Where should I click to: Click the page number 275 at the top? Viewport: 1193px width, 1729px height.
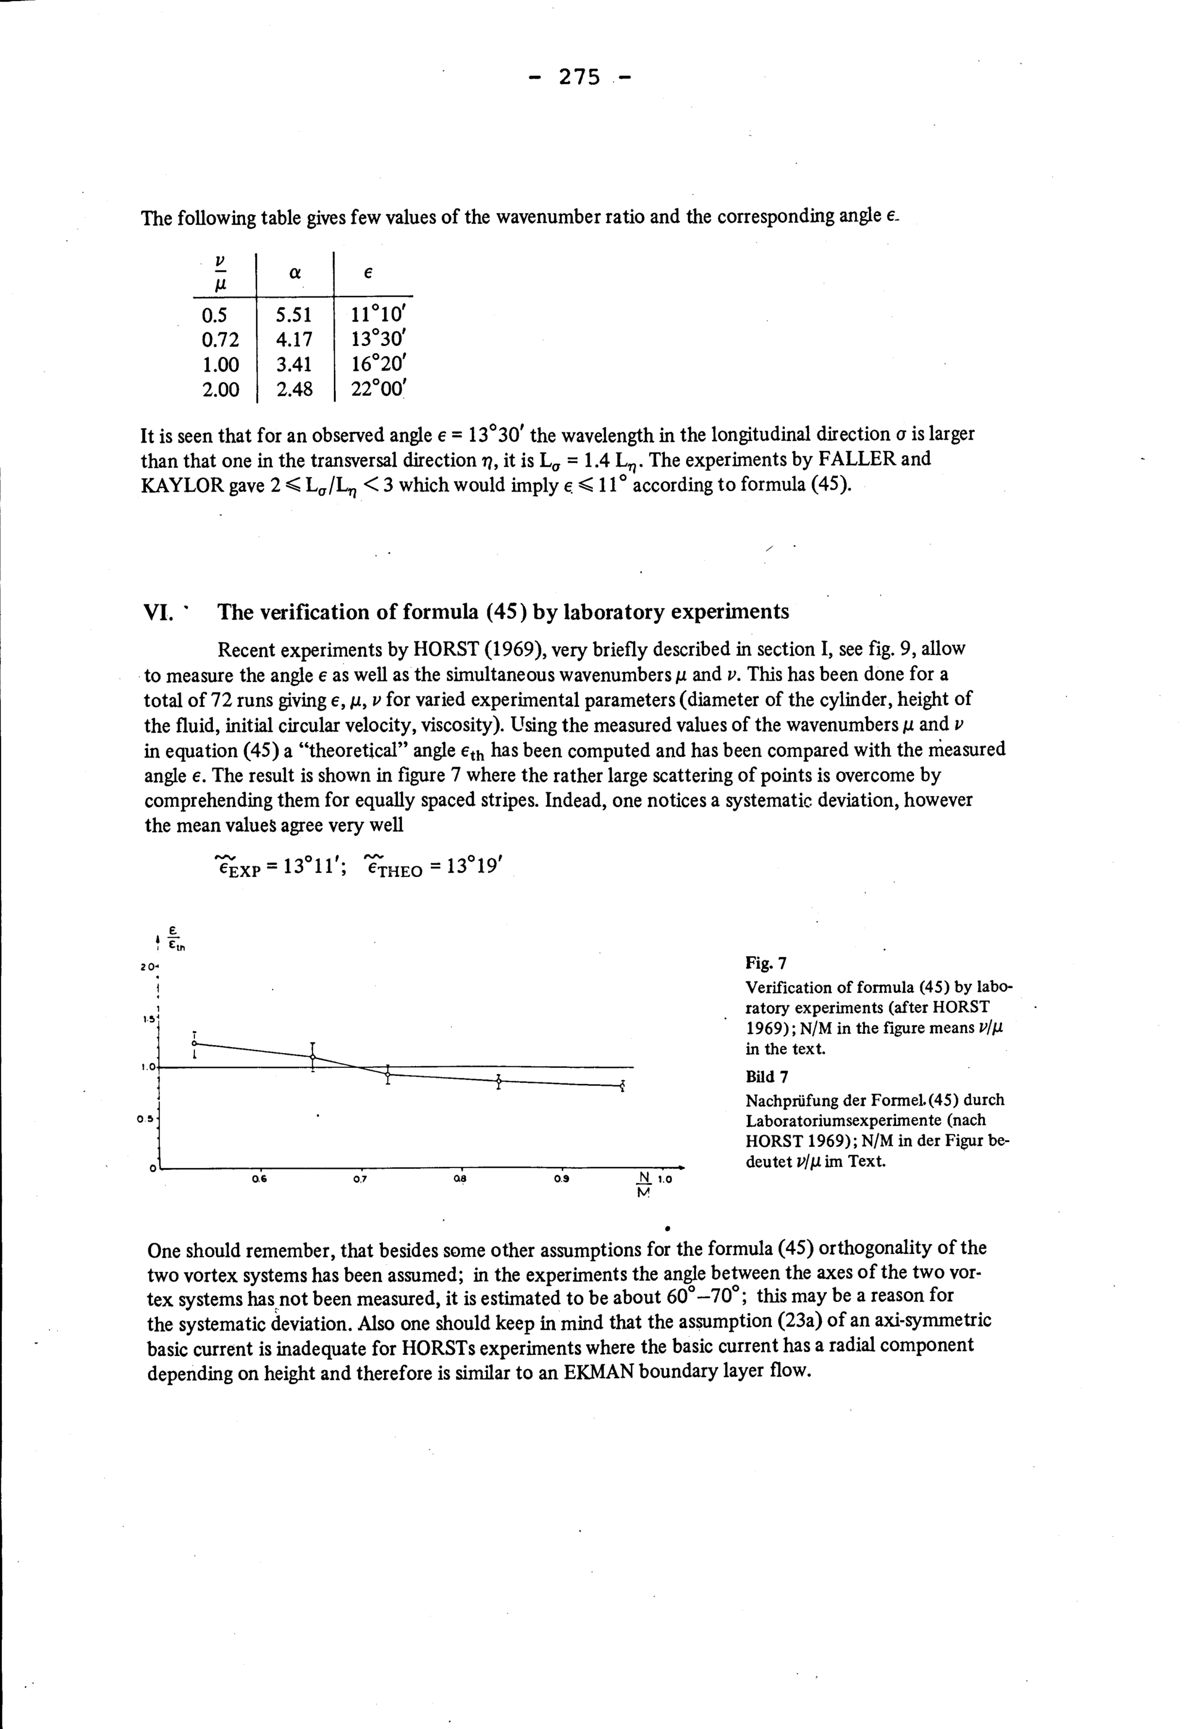579,77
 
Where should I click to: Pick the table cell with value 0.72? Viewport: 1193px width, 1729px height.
221,340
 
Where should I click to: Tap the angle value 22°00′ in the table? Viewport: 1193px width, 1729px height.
378,390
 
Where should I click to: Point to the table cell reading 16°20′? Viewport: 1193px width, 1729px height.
378,365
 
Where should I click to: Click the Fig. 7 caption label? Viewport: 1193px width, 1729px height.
765,962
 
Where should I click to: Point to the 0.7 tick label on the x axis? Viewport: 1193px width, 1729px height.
360,1180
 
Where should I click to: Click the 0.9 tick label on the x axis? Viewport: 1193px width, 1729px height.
561,1180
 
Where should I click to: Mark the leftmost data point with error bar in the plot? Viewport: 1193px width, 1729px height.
194,1043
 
